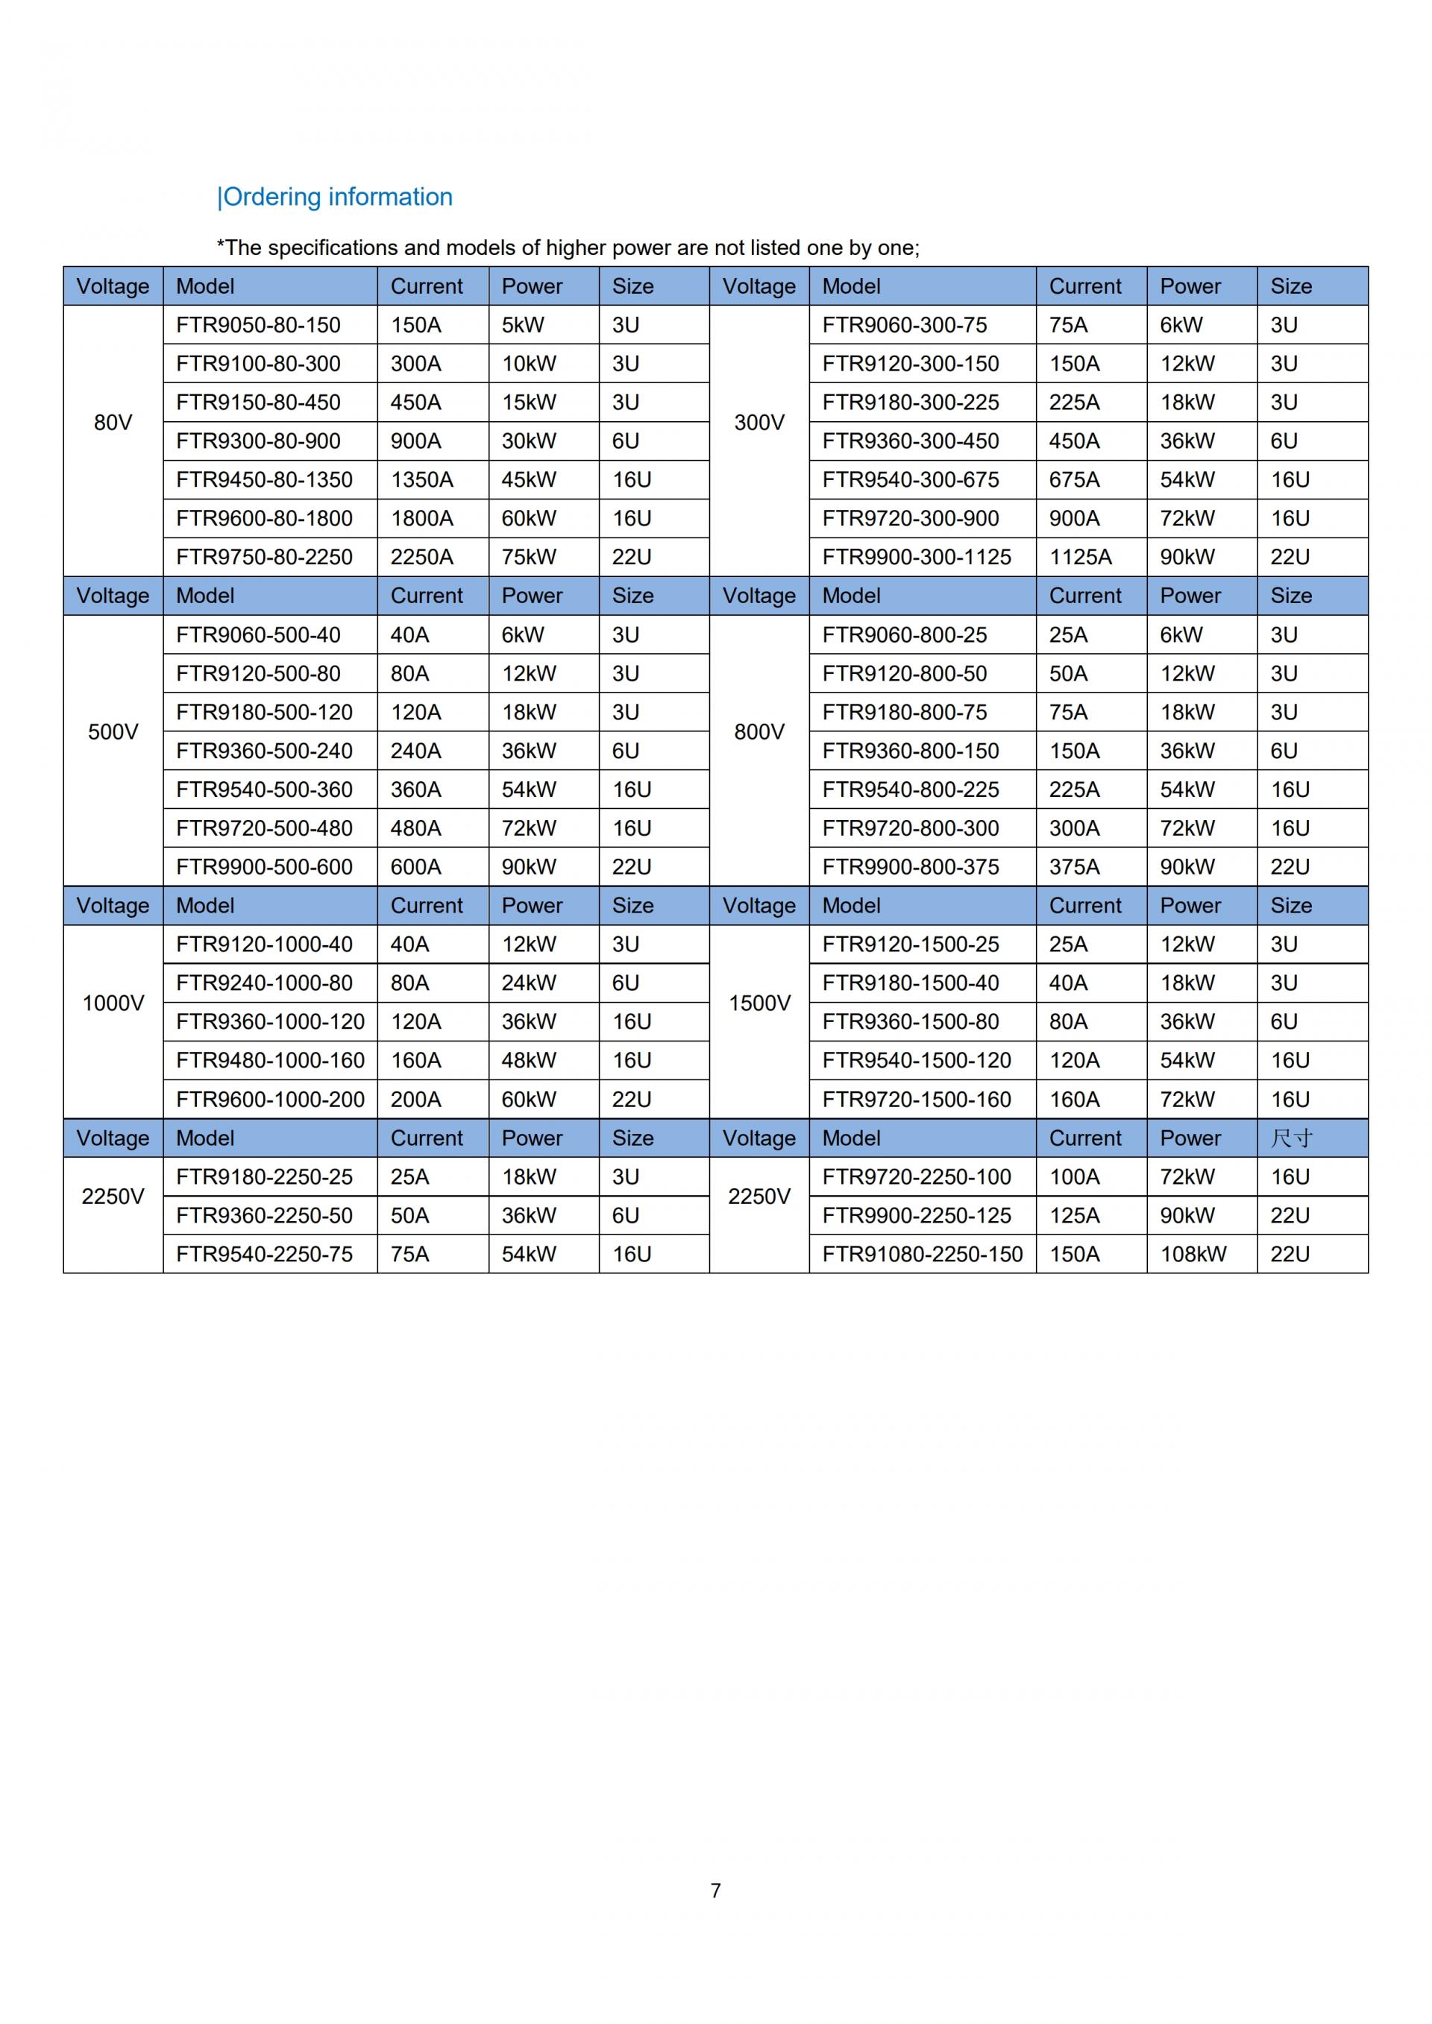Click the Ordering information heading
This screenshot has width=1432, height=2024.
pyautogui.click(x=335, y=197)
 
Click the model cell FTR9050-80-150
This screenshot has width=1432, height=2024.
pyautogui.click(x=257, y=325)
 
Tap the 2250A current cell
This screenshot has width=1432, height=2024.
pyautogui.click(x=421, y=557)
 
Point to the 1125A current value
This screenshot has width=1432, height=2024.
pyautogui.click(x=1080, y=557)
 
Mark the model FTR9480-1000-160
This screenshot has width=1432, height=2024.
pyautogui.click(x=270, y=1061)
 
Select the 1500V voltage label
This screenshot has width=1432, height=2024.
pyautogui.click(x=759, y=1003)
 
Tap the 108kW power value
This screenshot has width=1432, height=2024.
pyautogui.click(x=1193, y=1254)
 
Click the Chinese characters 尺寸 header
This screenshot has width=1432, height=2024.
pyautogui.click(x=1291, y=1138)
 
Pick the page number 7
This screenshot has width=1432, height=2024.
pyautogui.click(x=716, y=1890)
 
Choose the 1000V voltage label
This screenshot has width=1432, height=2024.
pyautogui.click(x=113, y=1003)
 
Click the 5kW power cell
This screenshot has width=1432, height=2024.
pyautogui.click(x=523, y=325)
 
